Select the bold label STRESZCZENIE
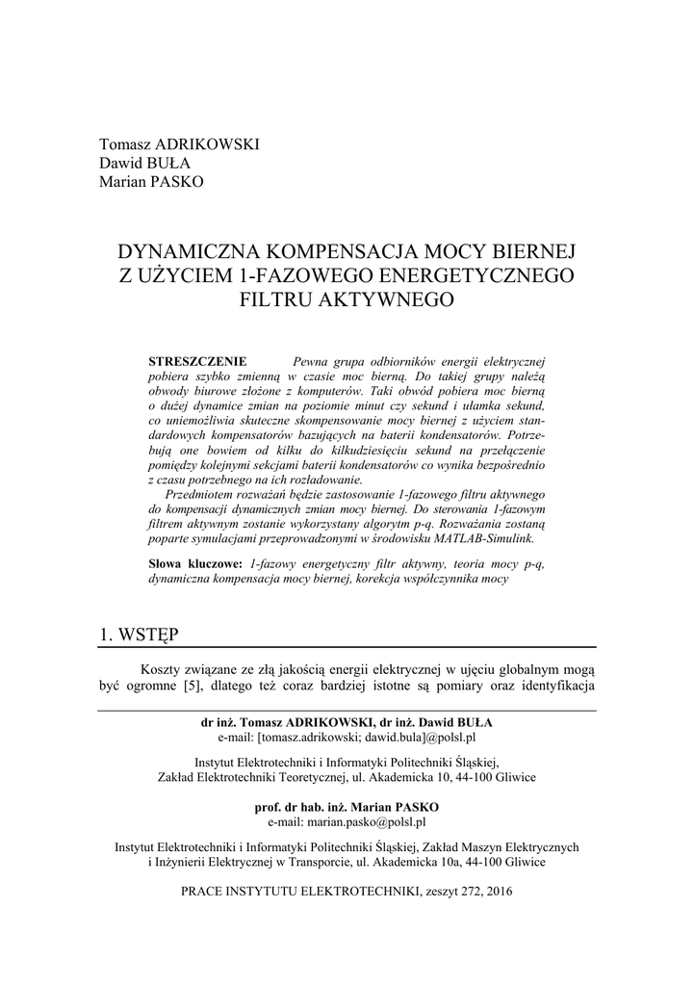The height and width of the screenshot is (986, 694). [197, 359]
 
